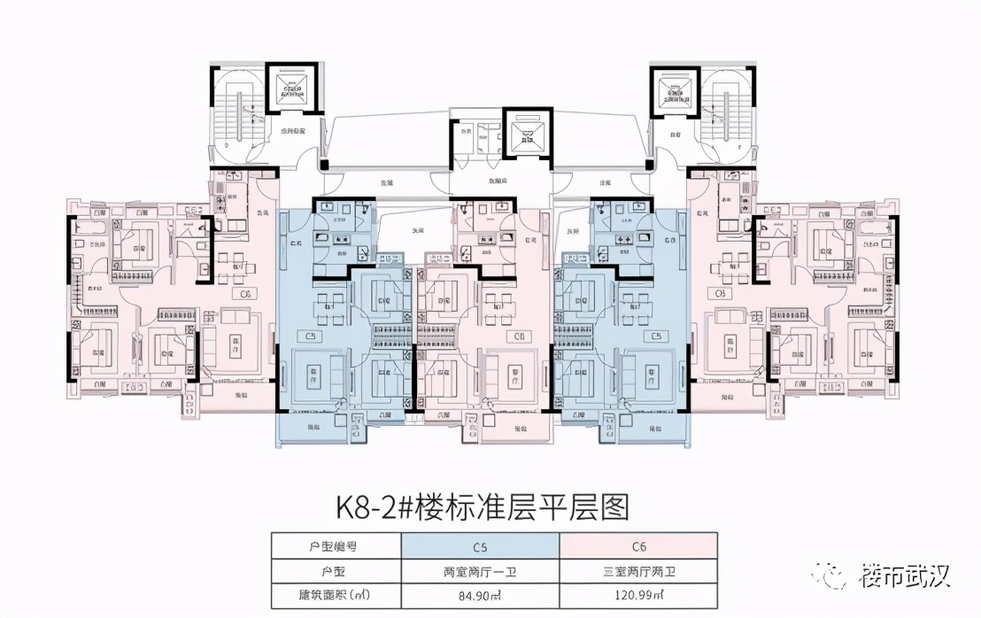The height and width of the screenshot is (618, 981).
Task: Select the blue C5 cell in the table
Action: tap(480, 546)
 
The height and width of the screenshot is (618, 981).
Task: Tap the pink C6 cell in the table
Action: tap(638, 546)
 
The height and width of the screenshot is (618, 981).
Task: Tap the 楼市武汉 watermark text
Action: tap(903, 577)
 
